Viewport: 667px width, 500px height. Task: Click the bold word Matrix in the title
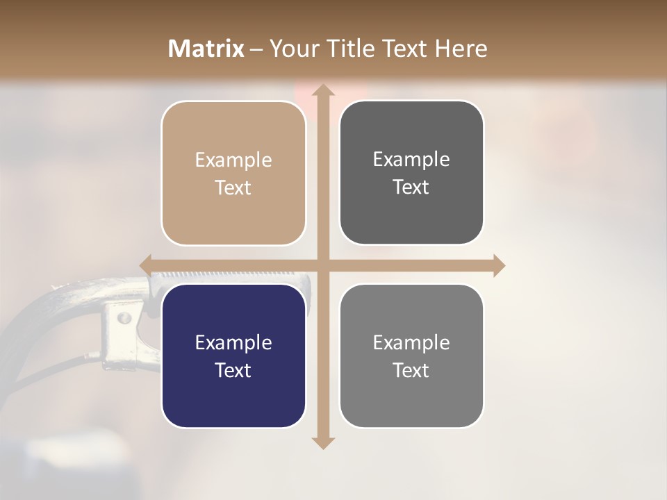(206, 49)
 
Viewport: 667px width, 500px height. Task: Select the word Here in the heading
(461, 49)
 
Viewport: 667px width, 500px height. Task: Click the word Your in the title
(291, 49)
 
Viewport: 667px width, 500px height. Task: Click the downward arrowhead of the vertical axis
(322, 442)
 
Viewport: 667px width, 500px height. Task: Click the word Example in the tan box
(233, 160)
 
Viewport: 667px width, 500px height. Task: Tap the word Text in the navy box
(233, 370)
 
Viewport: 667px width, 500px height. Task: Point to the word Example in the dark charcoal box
(411, 160)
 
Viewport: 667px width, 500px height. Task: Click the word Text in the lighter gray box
(411, 370)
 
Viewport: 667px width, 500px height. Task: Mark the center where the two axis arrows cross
(322, 265)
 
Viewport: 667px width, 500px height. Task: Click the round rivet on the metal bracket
(124, 318)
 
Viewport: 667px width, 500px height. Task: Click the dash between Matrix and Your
(256, 49)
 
